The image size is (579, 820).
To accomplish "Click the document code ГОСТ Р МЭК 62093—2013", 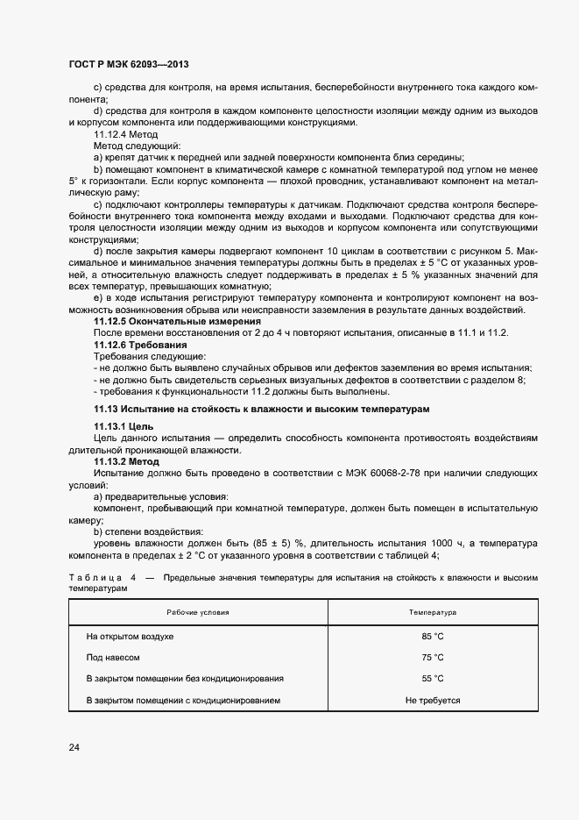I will tap(129, 65).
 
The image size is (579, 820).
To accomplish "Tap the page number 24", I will tap(74, 747).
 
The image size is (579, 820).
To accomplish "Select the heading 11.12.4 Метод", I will tap(125, 134).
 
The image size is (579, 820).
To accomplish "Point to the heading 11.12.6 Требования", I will tap(140, 346).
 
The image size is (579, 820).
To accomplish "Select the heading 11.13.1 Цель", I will tap(124, 425).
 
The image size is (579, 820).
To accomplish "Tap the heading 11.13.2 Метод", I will tap(126, 460).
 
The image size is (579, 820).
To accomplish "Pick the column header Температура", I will tap(433, 611).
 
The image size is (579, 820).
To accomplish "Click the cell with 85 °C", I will tap(433, 636).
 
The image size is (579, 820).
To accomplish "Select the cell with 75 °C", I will tap(433, 657).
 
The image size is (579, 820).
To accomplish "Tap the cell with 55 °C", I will tap(433, 679).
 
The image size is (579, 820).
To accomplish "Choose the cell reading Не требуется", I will tap(433, 701).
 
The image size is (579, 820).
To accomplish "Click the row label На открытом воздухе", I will tap(130, 636).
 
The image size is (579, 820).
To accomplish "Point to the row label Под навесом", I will tap(113, 657).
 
